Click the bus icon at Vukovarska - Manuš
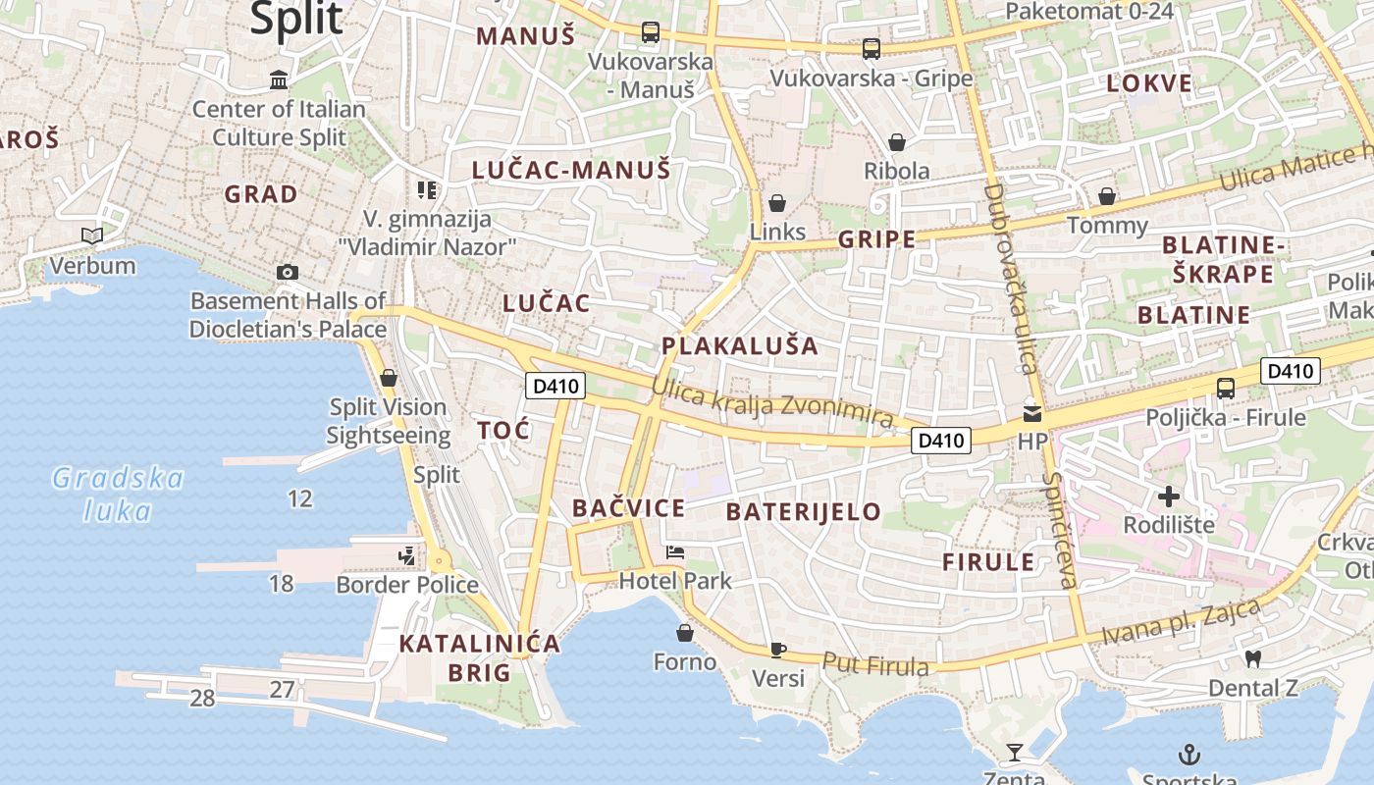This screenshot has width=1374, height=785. (x=650, y=31)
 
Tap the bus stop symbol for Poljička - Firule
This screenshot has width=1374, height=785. (x=1226, y=388)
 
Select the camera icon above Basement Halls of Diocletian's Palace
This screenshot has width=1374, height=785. (x=287, y=272)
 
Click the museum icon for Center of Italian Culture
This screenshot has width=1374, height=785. (x=279, y=79)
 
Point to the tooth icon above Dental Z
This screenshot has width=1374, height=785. (x=1251, y=658)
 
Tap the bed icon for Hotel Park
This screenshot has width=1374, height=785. (x=675, y=552)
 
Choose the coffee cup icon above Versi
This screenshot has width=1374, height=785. (x=777, y=649)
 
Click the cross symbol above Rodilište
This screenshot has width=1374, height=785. (x=1169, y=496)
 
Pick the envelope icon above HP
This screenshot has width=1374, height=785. (x=1032, y=413)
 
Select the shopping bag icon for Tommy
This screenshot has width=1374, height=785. (x=1107, y=196)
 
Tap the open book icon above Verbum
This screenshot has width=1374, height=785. (x=92, y=235)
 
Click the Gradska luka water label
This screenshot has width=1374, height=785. (x=118, y=495)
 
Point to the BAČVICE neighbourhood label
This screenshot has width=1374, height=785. (x=628, y=508)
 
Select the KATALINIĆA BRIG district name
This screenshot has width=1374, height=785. (x=480, y=657)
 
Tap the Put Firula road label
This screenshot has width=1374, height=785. (x=875, y=665)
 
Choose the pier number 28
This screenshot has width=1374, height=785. (x=202, y=699)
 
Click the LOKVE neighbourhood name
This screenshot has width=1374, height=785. (x=1149, y=83)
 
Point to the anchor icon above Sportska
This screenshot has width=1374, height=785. (x=1189, y=755)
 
